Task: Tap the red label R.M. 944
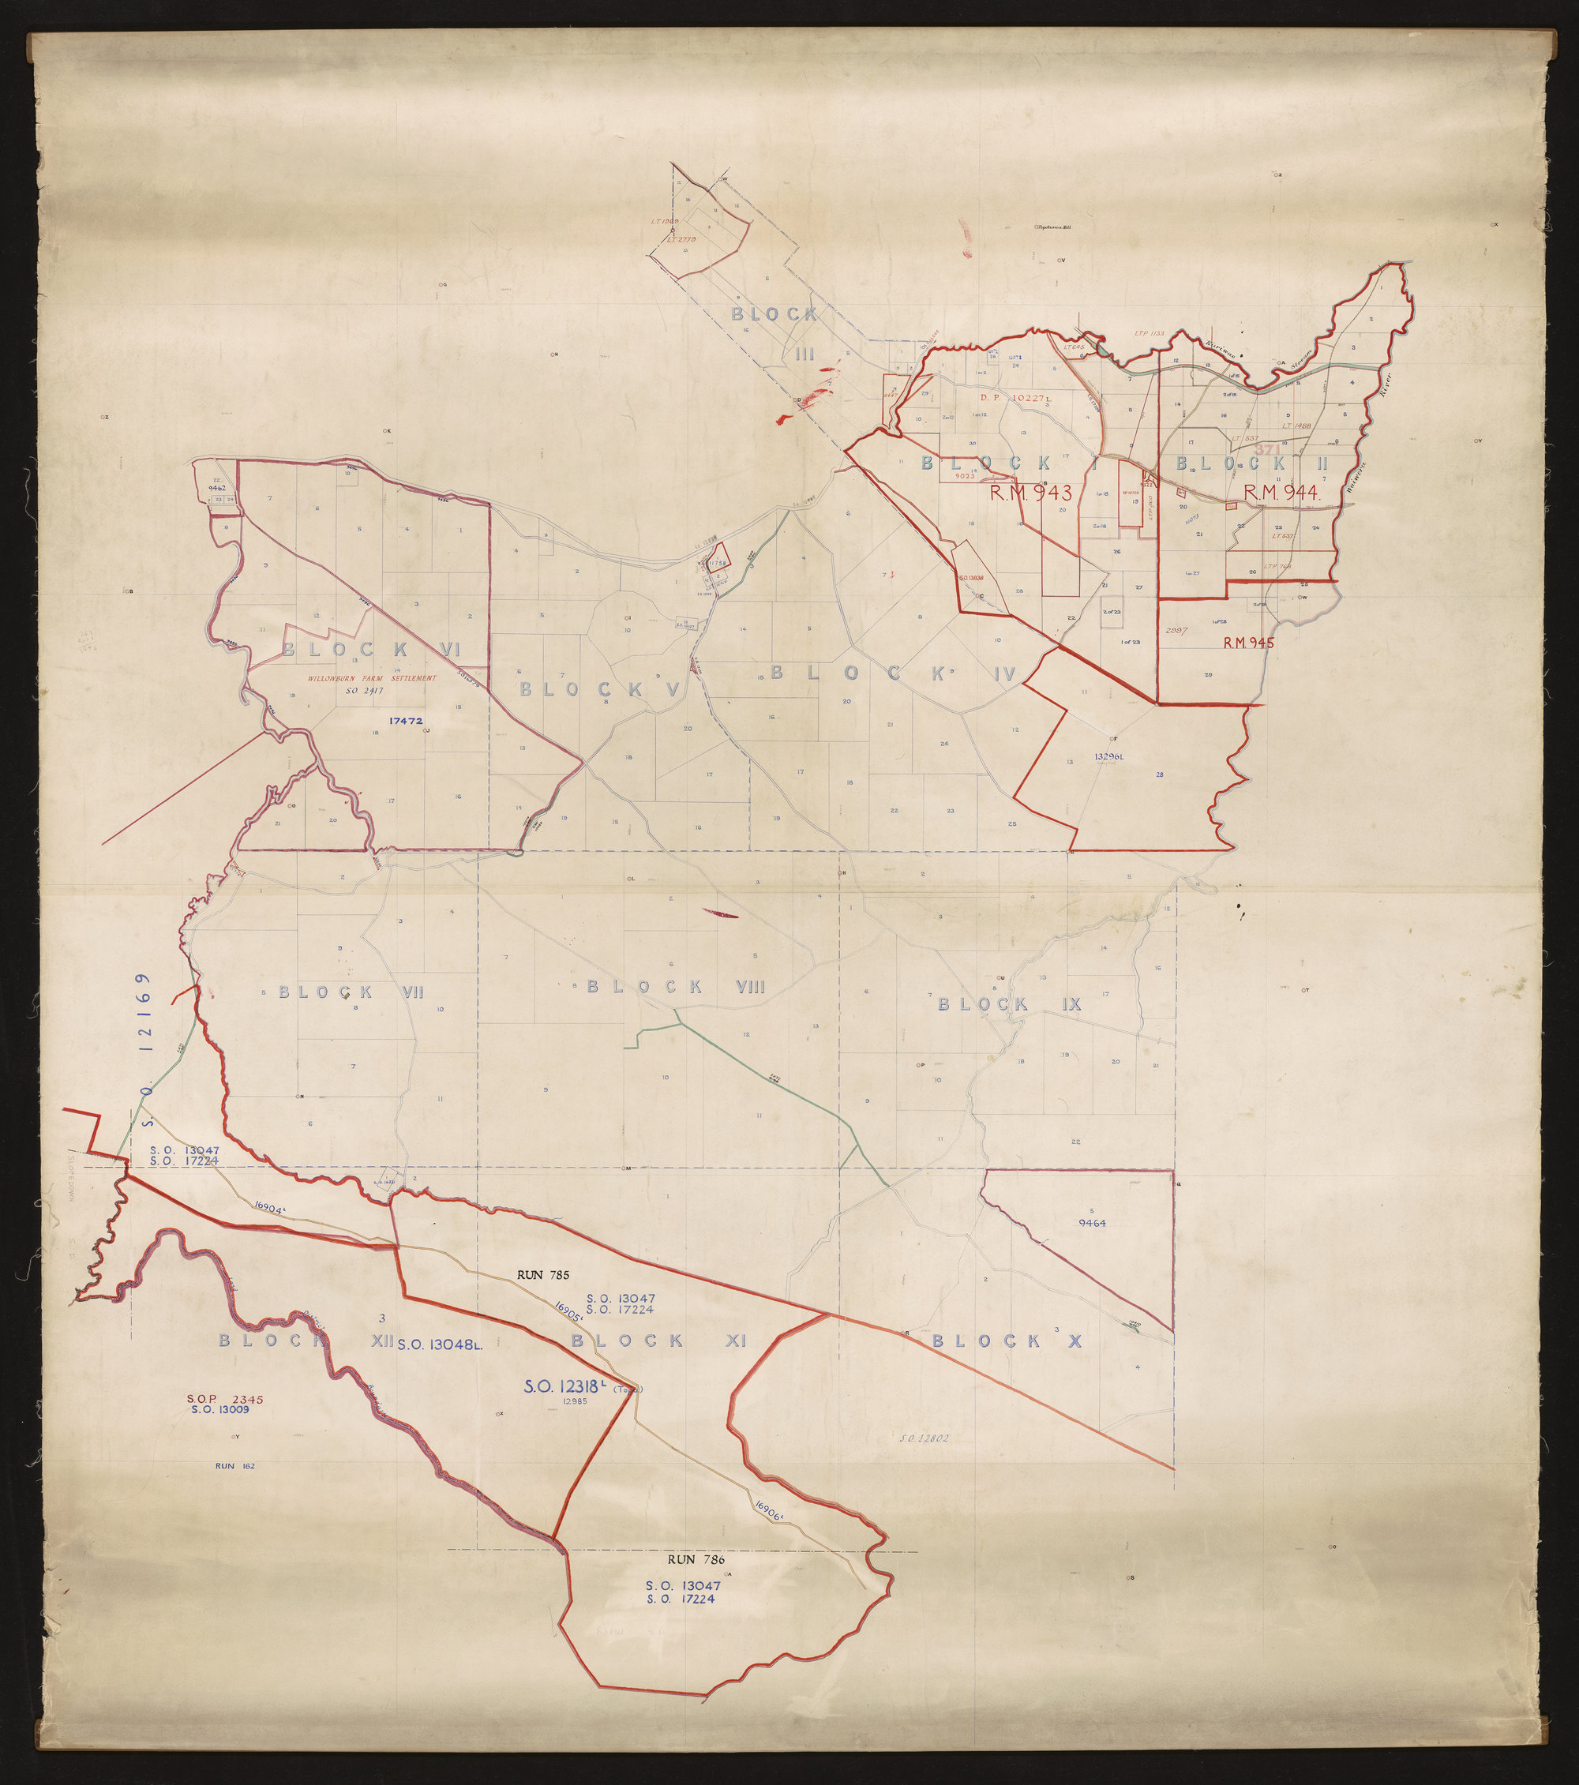pos(1280,493)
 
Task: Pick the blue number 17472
pos(405,721)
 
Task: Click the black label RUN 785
pos(542,1275)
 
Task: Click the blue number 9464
pos(1092,1224)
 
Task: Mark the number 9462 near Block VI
pos(217,487)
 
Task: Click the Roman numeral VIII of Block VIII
pos(750,987)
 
